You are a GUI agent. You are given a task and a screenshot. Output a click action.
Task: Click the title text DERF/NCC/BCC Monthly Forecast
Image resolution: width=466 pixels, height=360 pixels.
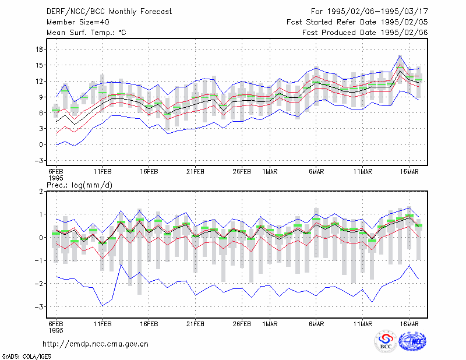click(109, 12)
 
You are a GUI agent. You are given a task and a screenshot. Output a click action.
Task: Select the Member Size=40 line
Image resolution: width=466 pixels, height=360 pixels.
click(78, 22)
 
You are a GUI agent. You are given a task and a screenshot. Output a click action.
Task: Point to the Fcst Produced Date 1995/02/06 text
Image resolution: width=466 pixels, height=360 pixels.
click(365, 33)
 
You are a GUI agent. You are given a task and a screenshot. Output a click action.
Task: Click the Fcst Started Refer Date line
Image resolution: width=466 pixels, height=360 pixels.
click(357, 22)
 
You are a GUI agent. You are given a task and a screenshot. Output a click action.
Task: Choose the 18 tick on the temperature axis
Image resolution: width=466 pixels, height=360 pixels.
click(39, 50)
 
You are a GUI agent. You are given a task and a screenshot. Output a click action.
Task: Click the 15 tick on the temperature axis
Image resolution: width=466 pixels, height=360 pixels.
click(39, 65)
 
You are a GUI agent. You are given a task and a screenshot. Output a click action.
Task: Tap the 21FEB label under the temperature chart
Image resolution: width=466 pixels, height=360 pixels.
click(195, 172)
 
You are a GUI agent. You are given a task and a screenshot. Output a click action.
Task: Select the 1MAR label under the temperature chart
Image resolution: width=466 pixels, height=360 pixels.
click(270, 172)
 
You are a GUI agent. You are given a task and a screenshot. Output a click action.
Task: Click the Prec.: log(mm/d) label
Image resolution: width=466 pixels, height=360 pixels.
click(79, 185)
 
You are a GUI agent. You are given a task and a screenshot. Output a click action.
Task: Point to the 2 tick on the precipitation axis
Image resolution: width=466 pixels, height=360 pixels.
click(41, 192)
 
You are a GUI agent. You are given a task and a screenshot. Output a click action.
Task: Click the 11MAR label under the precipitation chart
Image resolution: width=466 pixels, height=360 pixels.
click(362, 324)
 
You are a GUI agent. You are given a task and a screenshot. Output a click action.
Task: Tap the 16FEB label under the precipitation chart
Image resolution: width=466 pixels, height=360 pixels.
click(149, 324)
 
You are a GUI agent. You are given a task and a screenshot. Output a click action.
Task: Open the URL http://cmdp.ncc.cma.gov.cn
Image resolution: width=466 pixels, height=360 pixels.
click(96, 344)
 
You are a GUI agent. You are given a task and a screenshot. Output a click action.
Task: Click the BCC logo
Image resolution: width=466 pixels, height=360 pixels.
click(386, 341)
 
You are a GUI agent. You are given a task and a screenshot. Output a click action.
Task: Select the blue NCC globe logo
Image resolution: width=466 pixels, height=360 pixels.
click(412, 341)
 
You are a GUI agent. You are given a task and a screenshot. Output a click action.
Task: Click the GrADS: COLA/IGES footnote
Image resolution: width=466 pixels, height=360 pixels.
click(26, 357)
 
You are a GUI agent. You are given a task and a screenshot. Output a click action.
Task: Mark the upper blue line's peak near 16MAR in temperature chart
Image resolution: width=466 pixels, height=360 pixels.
click(400, 55)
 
